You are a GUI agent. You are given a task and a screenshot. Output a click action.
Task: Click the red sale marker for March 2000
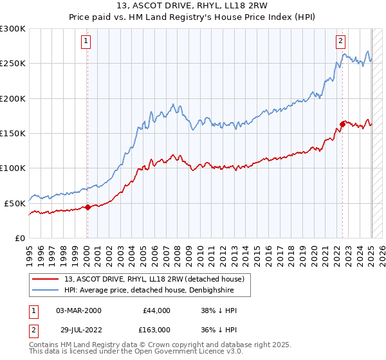pos(87,207)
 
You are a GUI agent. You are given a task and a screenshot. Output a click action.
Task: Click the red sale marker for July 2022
pos(342,125)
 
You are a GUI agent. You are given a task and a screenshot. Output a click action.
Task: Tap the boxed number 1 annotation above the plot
pos(86,42)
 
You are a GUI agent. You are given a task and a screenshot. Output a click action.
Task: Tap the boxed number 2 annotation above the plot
pos(340,42)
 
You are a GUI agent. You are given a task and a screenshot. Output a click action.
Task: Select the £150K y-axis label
pos(13,133)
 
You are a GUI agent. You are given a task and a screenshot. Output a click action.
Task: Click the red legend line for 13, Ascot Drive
pos(46,279)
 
